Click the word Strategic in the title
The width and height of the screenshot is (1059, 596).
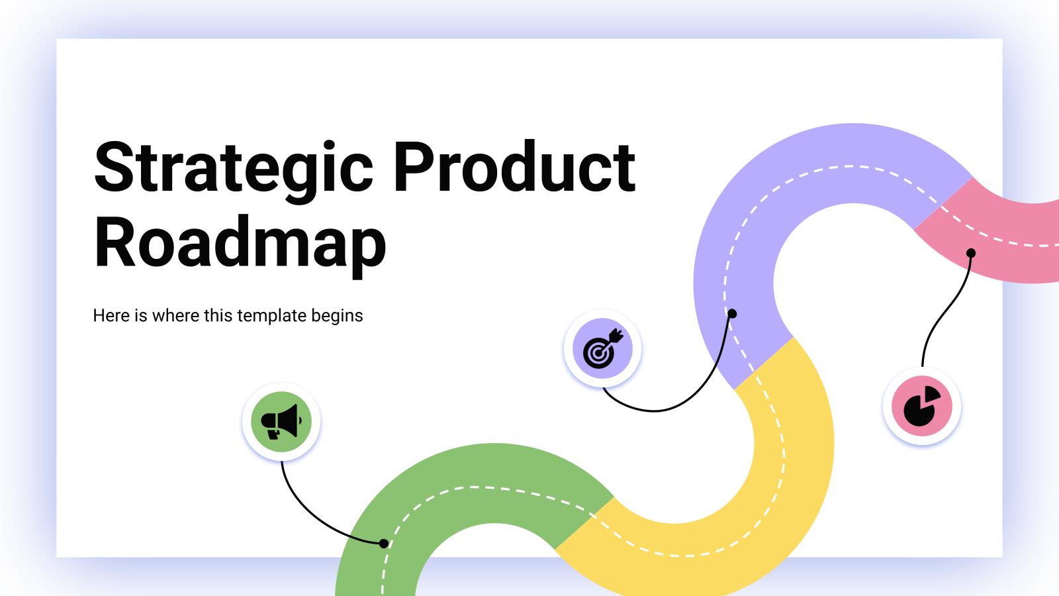pyautogui.click(x=234, y=172)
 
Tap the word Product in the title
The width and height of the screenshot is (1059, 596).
pyautogui.click(x=514, y=166)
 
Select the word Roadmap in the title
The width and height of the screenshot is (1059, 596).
pyautogui.click(x=240, y=246)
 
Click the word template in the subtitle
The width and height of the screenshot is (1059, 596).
pyautogui.click(x=271, y=315)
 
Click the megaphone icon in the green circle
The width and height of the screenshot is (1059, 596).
pyautogui.click(x=281, y=421)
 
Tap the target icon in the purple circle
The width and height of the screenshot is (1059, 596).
pyautogui.click(x=603, y=348)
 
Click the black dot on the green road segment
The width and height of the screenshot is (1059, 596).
pyautogui.click(x=384, y=544)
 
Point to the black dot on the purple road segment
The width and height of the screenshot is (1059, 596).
pyautogui.click(x=732, y=313)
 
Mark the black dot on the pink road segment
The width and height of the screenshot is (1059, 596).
pyautogui.click(x=971, y=253)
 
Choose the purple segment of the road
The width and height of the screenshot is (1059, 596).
pyautogui.click(x=737, y=227)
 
